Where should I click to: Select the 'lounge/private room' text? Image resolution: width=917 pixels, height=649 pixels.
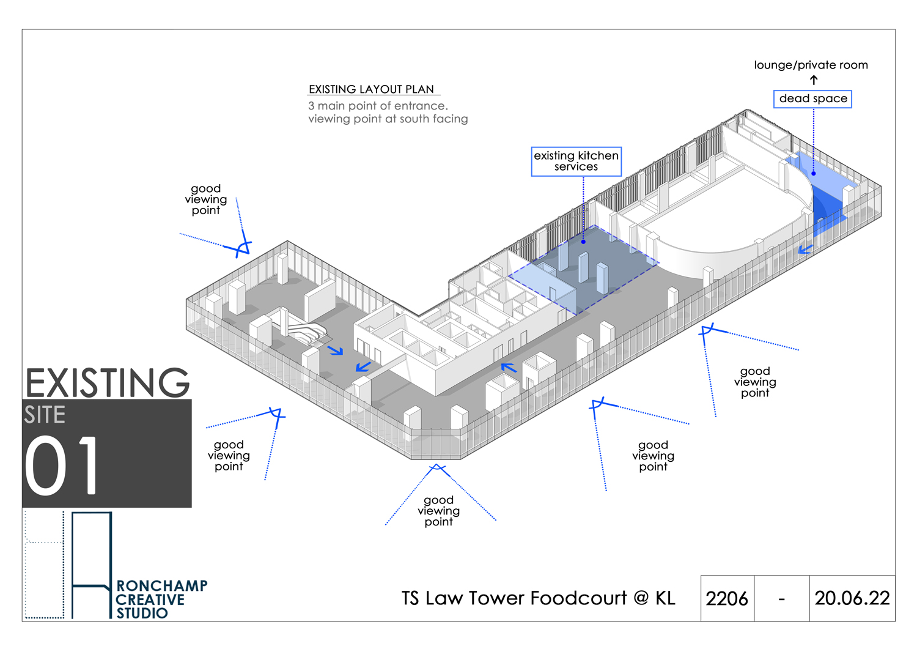coord(811,65)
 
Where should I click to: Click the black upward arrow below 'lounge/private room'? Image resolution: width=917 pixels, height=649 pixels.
coord(814,80)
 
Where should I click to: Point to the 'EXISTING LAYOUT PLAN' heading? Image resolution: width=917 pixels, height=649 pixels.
coord(371,89)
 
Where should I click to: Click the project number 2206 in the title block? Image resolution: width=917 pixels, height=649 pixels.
coord(727,599)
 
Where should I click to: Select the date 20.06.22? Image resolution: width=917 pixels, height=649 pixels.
coord(852,598)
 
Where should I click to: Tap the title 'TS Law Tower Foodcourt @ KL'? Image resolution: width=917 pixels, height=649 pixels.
coord(538,598)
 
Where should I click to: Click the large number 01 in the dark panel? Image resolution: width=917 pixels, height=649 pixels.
coord(61,465)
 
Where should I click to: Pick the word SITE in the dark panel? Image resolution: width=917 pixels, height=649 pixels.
coord(45,415)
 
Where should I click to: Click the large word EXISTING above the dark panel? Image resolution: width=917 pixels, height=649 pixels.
coord(107,383)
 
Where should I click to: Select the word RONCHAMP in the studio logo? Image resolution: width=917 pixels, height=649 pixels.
coord(162,585)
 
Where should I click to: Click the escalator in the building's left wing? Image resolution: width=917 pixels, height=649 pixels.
coord(306,332)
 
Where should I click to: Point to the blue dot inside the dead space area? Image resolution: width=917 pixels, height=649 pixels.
coord(814,174)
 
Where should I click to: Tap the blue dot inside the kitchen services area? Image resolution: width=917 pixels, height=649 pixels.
coord(583,242)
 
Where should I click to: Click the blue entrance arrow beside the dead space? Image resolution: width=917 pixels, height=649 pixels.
coord(805,249)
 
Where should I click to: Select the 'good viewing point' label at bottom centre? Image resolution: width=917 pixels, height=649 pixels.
coord(438,511)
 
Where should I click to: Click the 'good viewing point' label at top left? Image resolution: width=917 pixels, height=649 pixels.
coord(205,199)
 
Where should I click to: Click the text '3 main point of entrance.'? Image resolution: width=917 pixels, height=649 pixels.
coord(378,106)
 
